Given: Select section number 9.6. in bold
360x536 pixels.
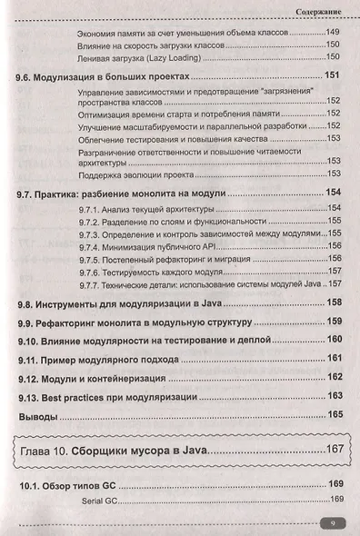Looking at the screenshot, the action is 32,76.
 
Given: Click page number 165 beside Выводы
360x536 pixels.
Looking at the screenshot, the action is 335,415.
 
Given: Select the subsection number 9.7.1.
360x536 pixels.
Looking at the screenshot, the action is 93,208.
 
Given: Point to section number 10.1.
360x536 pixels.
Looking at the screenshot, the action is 34,483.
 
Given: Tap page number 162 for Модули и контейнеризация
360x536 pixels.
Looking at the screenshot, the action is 335,377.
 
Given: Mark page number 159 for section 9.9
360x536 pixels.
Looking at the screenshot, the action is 335,321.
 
